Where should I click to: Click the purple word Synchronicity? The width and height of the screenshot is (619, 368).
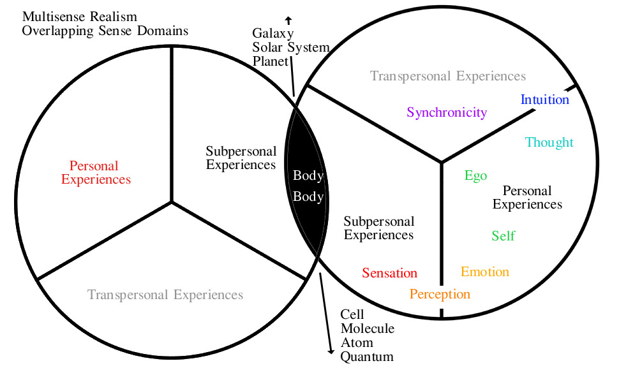point(447,113)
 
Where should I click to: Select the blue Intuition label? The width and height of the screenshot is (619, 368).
point(544,100)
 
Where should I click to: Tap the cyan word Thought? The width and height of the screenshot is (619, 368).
point(549,142)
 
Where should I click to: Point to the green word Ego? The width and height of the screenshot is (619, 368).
point(475,176)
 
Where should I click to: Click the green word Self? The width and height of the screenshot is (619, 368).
point(503,236)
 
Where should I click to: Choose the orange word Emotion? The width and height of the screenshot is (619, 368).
point(485,272)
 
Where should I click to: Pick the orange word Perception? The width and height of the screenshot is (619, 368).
point(440,294)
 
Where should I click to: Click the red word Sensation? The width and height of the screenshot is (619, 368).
point(389,274)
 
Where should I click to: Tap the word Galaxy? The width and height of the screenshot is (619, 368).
point(272,33)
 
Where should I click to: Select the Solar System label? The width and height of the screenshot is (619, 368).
point(290,47)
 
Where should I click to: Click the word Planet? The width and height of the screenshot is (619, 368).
point(271,61)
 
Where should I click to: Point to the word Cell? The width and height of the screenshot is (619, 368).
point(352,314)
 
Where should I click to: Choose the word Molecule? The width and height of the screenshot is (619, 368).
point(367,328)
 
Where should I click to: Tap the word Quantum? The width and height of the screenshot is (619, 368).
point(367,357)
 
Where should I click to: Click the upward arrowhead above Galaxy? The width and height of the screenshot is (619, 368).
point(288,19)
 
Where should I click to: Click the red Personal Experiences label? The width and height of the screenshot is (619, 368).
point(96,173)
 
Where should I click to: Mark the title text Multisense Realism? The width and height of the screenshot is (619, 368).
point(79,17)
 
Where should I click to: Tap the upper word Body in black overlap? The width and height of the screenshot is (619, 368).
point(308,175)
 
